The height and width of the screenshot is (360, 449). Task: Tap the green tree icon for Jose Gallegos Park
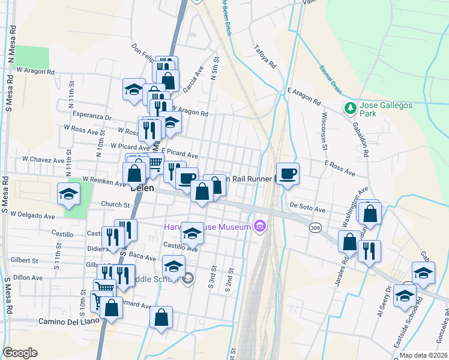[x=350, y=108]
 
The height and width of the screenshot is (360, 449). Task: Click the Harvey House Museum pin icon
[x=260, y=227]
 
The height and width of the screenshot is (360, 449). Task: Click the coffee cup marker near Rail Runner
[x=288, y=173]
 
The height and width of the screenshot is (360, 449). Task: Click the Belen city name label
[x=143, y=187]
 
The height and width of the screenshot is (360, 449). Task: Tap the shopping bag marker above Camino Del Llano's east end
[x=161, y=317]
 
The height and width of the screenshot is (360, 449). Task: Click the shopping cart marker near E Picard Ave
[x=154, y=162]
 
